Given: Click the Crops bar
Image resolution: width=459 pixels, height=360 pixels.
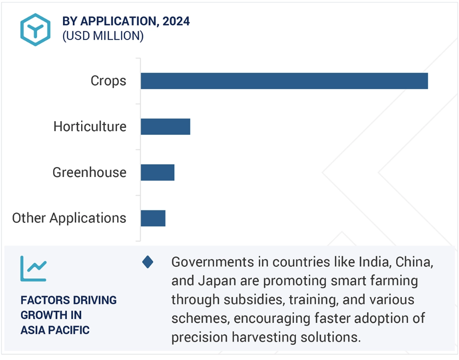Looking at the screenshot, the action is [x=284, y=81].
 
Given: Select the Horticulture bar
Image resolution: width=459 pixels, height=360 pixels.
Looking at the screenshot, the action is [x=166, y=127].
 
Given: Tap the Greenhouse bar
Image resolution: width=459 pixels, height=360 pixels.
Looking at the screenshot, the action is [x=158, y=172].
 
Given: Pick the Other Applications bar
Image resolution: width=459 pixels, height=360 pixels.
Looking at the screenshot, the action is [x=153, y=218].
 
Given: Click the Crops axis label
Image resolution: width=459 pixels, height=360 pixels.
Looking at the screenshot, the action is [x=108, y=81].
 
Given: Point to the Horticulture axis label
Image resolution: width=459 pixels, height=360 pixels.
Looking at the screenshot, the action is [x=90, y=127].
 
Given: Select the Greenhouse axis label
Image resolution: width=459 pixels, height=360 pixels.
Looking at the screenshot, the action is [x=89, y=172].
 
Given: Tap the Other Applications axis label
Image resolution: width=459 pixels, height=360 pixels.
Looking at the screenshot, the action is [x=69, y=218].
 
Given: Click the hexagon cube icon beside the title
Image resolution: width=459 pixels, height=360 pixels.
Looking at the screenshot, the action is [x=36, y=30].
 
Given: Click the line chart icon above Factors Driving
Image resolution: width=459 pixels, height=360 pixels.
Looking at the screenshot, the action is [x=33, y=269].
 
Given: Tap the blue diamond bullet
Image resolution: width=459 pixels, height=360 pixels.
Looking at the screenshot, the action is [x=147, y=262].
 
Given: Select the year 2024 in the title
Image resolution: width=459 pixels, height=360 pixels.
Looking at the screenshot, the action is [x=176, y=21].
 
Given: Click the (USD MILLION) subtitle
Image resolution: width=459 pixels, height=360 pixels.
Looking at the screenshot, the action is [x=103, y=36].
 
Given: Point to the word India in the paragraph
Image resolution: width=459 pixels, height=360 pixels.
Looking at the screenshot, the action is [x=376, y=262].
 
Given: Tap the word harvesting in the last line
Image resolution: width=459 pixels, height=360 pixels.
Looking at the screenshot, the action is [x=264, y=338].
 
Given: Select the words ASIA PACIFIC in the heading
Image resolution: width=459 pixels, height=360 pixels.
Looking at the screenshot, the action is [x=55, y=330].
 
